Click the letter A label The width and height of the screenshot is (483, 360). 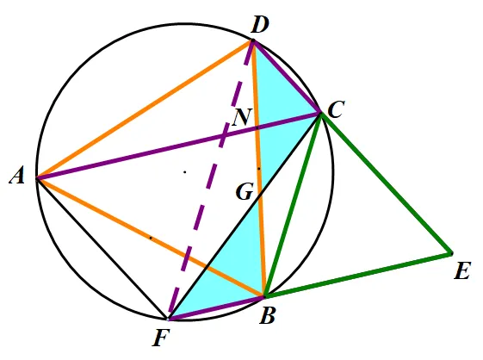17,177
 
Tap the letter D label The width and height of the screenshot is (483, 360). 260,25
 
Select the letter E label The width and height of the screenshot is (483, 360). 462,272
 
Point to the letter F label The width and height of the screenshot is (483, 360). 161,338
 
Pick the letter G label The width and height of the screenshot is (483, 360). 245,192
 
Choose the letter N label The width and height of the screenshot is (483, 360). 243,117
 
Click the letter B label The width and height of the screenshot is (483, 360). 267,316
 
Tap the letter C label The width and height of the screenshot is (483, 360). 336,109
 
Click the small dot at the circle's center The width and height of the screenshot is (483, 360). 185,172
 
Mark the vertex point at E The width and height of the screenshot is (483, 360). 451,254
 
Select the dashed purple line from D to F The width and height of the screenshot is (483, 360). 210,180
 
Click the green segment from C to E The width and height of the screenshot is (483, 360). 386,183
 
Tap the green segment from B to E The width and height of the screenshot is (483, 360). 357,275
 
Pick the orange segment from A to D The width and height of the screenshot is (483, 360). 145,109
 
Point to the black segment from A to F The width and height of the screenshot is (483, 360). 102,248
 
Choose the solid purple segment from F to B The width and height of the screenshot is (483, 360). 216,307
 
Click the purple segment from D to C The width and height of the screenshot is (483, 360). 287,77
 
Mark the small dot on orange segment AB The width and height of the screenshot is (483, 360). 151,238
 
